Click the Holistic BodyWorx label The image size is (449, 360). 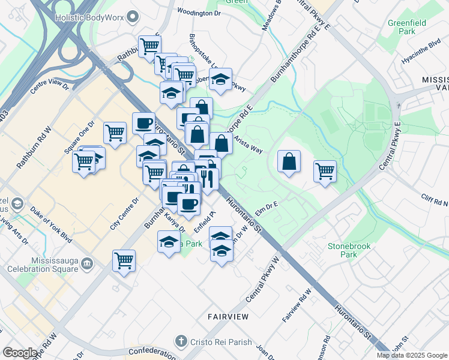pyautogui.click(x=90, y=17)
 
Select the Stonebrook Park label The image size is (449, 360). pyautogui.click(x=349, y=250)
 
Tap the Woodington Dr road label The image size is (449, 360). pyautogui.click(x=200, y=13)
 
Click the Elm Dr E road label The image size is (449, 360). pyautogui.click(x=267, y=208)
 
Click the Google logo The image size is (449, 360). pyautogui.click(x=20, y=353)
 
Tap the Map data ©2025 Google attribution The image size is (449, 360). pyautogui.click(x=412, y=355)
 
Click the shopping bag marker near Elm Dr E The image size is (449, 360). pyautogui.click(x=289, y=162)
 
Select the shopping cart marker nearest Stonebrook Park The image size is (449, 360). pyautogui.click(x=325, y=171)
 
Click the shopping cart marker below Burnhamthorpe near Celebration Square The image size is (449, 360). pyautogui.click(x=124, y=261)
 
